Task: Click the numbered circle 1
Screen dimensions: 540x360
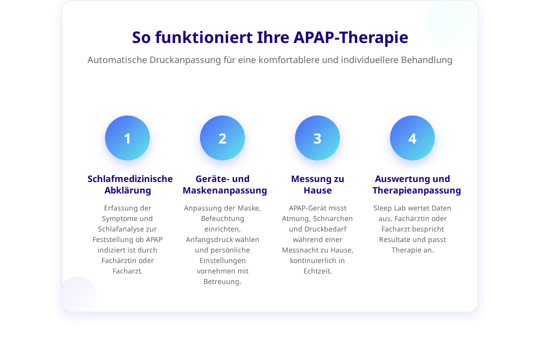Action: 127,138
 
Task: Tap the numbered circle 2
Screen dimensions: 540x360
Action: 222,138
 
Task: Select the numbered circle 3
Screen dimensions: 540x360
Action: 317,138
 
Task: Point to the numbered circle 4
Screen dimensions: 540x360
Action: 412,138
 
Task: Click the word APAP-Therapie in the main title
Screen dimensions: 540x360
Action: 350,37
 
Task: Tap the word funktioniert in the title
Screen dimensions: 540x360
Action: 203,37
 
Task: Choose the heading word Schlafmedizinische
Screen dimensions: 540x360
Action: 130,179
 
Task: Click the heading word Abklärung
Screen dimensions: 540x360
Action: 128,190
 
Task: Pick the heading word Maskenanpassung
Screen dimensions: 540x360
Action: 225,190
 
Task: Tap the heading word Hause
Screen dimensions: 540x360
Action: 317,190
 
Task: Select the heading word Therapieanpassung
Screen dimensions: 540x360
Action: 416,190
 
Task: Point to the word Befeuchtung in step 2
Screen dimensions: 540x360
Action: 222,219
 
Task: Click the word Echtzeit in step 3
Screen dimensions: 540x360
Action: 317,271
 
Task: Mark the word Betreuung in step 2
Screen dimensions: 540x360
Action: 222,282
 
